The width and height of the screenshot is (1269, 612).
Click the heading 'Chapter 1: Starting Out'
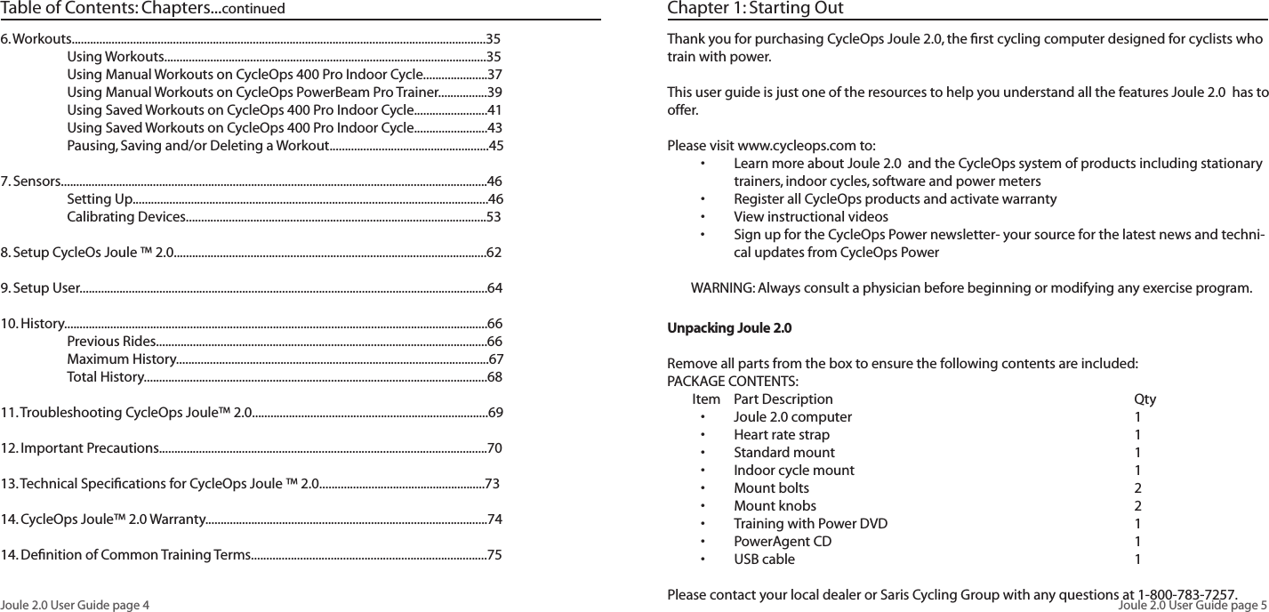pos(755,10)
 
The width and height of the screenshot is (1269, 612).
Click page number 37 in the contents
pos(495,75)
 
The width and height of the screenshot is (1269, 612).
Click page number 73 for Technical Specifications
pos(492,484)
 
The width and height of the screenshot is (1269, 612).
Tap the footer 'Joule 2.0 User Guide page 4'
pos(76,605)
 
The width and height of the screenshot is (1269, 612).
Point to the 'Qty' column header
pos(1145,399)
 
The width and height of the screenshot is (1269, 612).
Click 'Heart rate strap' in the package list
pos(781,435)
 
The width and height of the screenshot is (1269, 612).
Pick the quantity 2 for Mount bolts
pos(1138,488)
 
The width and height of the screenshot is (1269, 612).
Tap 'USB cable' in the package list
pos(764,560)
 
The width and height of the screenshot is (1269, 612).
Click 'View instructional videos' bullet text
pos(810,217)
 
